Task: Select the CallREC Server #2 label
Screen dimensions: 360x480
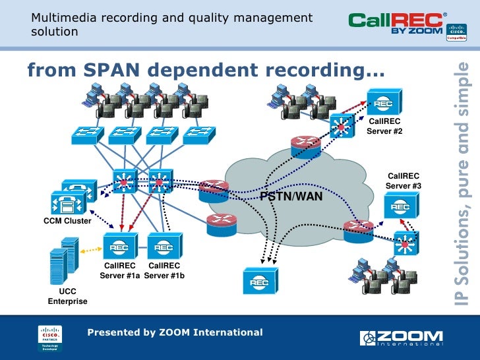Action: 384,127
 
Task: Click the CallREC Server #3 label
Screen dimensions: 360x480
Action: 404,181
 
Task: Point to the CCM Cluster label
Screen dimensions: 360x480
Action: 67,221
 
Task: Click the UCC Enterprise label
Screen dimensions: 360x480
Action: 67,296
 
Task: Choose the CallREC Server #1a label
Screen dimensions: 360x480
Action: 119,270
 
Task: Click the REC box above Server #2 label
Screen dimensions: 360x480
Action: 384,104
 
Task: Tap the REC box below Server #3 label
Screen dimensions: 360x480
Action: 400,208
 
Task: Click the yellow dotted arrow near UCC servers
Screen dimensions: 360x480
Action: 91,251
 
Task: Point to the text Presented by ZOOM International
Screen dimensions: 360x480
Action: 175,332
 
